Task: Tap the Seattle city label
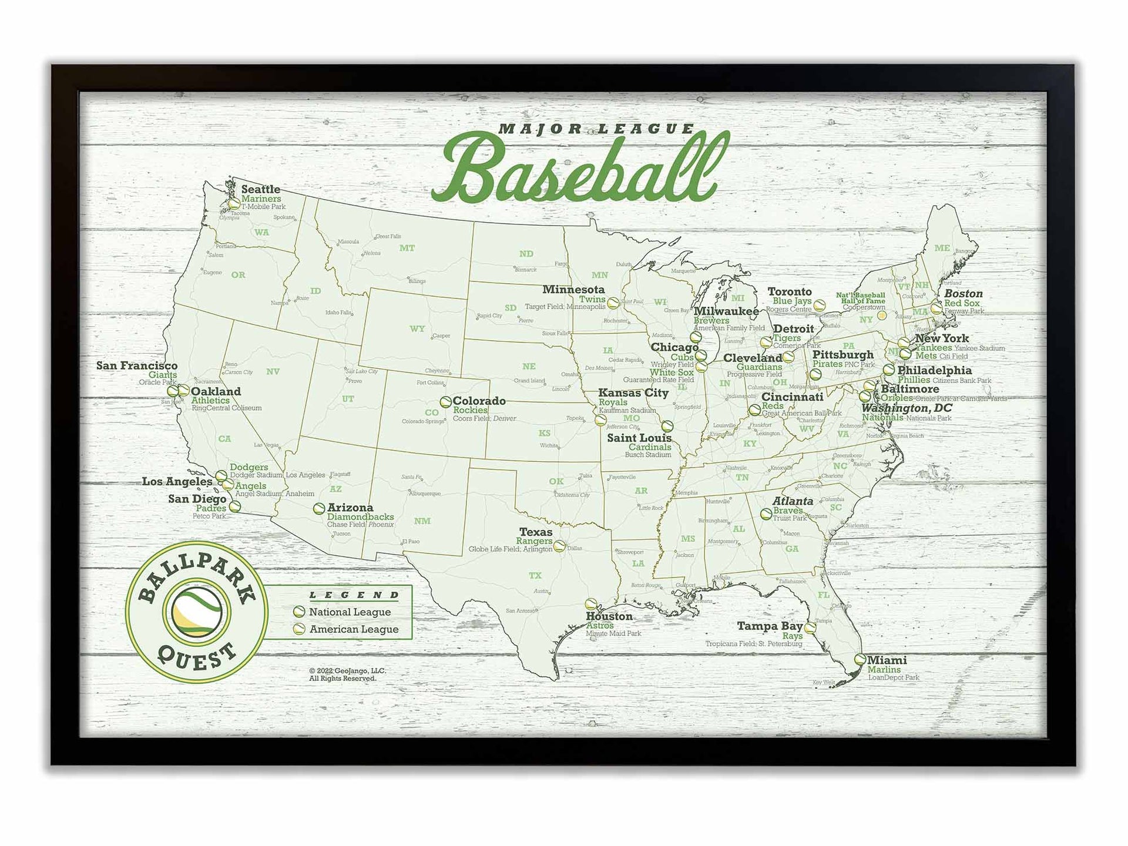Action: coord(260,189)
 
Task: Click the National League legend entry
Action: coord(350,612)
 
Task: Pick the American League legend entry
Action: coord(353,629)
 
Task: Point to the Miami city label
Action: coord(887,660)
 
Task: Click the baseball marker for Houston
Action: coord(591,604)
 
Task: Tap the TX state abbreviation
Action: coord(535,576)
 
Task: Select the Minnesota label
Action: coord(573,290)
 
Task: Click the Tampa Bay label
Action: coord(770,626)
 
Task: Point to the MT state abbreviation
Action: coord(407,248)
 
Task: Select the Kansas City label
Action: coord(633,392)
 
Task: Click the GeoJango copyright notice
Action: coord(347,674)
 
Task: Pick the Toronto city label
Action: coord(790,292)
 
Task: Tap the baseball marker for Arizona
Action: coord(319,508)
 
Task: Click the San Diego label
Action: coord(197,499)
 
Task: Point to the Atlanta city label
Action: coord(793,501)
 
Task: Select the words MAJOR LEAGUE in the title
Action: coord(596,129)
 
